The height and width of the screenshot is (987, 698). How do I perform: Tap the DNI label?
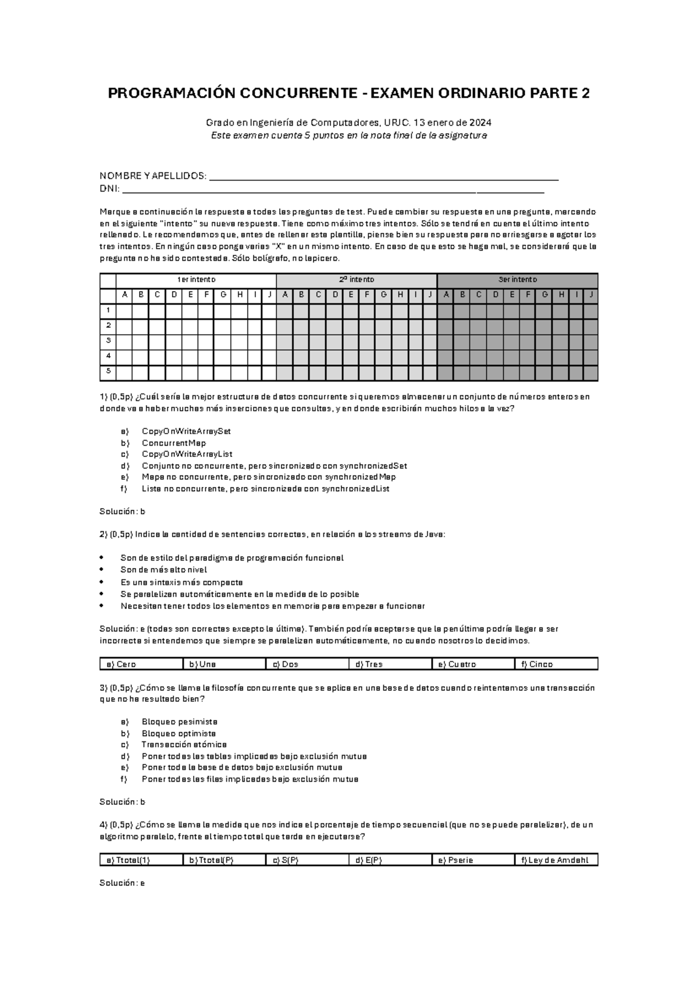click(109, 189)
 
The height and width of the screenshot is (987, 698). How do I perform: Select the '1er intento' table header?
click(196, 280)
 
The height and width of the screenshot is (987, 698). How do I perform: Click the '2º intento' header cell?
click(356, 280)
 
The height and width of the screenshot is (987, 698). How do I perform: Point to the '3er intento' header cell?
click(517, 280)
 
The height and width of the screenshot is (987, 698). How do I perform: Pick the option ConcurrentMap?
click(173, 443)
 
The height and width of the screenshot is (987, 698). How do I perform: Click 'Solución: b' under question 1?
click(122, 512)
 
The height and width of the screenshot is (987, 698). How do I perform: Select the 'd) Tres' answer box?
click(390, 665)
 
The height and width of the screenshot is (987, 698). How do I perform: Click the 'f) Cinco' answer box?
click(555, 665)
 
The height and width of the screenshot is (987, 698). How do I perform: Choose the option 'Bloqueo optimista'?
click(179, 734)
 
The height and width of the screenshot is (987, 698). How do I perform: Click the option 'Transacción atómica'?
click(184, 745)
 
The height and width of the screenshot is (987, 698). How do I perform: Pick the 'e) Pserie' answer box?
click(472, 861)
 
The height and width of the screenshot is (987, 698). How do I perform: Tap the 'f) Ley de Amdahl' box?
click(555, 861)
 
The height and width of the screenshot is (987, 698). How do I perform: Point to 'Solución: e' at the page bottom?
click(122, 883)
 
